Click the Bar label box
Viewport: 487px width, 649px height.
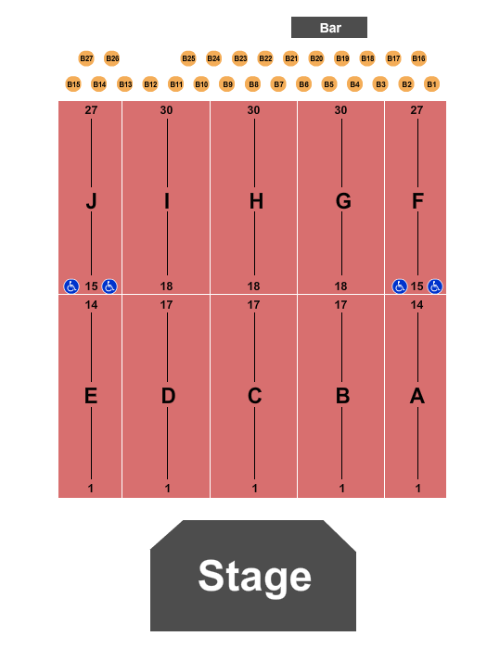pyautogui.click(x=329, y=27)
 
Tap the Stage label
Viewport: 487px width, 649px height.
pyautogui.click(x=255, y=577)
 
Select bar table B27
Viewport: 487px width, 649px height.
pyautogui.click(x=86, y=58)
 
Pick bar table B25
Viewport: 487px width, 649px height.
pyautogui.click(x=188, y=58)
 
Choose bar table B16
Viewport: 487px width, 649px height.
pyautogui.click(x=418, y=58)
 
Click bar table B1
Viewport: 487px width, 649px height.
pyautogui.click(x=432, y=84)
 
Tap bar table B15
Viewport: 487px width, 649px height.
pyautogui.click(x=73, y=84)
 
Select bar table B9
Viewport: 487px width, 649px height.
pyautogui.click(x=227, y=84)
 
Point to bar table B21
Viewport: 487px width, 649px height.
pyautogui.click(x=291, y=58)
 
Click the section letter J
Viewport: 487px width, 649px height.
pyautogui.click(x=91, y=201)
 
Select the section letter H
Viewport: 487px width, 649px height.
pyautogui.click(x=256, y=201)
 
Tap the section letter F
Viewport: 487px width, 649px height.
pyautogui.click(x=417, y=201)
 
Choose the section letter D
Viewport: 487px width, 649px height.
pyautogui.click(x=168, y=396)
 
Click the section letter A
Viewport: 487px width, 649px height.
pyautogui.click(x=417, y=396)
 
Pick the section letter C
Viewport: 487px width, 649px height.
pyautogui.click(x=255, y=396)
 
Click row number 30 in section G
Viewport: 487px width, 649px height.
pyautogui.click(x=340, y=110)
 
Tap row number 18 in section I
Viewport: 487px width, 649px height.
pyautogui.click(x=166, y=286)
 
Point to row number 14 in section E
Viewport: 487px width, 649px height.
pyautogui.click(x=91, y=305)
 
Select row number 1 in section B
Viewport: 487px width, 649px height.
pyautogui.click(x=341, y=489)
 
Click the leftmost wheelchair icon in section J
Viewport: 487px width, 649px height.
pyautogui.click(x=71, y=286)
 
